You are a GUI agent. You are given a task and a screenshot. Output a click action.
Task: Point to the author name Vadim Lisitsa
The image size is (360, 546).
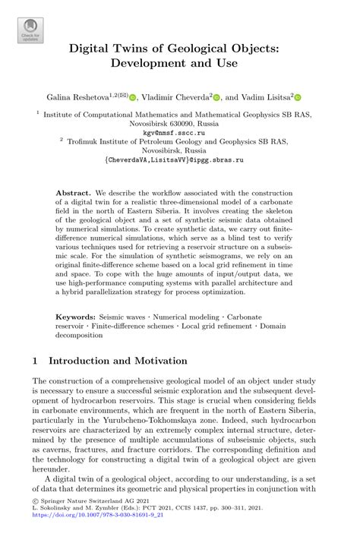(267, 97)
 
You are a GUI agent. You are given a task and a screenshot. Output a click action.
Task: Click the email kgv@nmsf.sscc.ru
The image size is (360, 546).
(180, 131)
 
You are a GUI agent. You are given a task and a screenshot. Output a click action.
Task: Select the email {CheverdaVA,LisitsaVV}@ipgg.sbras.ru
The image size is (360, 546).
(180, 160)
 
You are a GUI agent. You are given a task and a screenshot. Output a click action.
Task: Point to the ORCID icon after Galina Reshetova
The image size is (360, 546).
(134, 97)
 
